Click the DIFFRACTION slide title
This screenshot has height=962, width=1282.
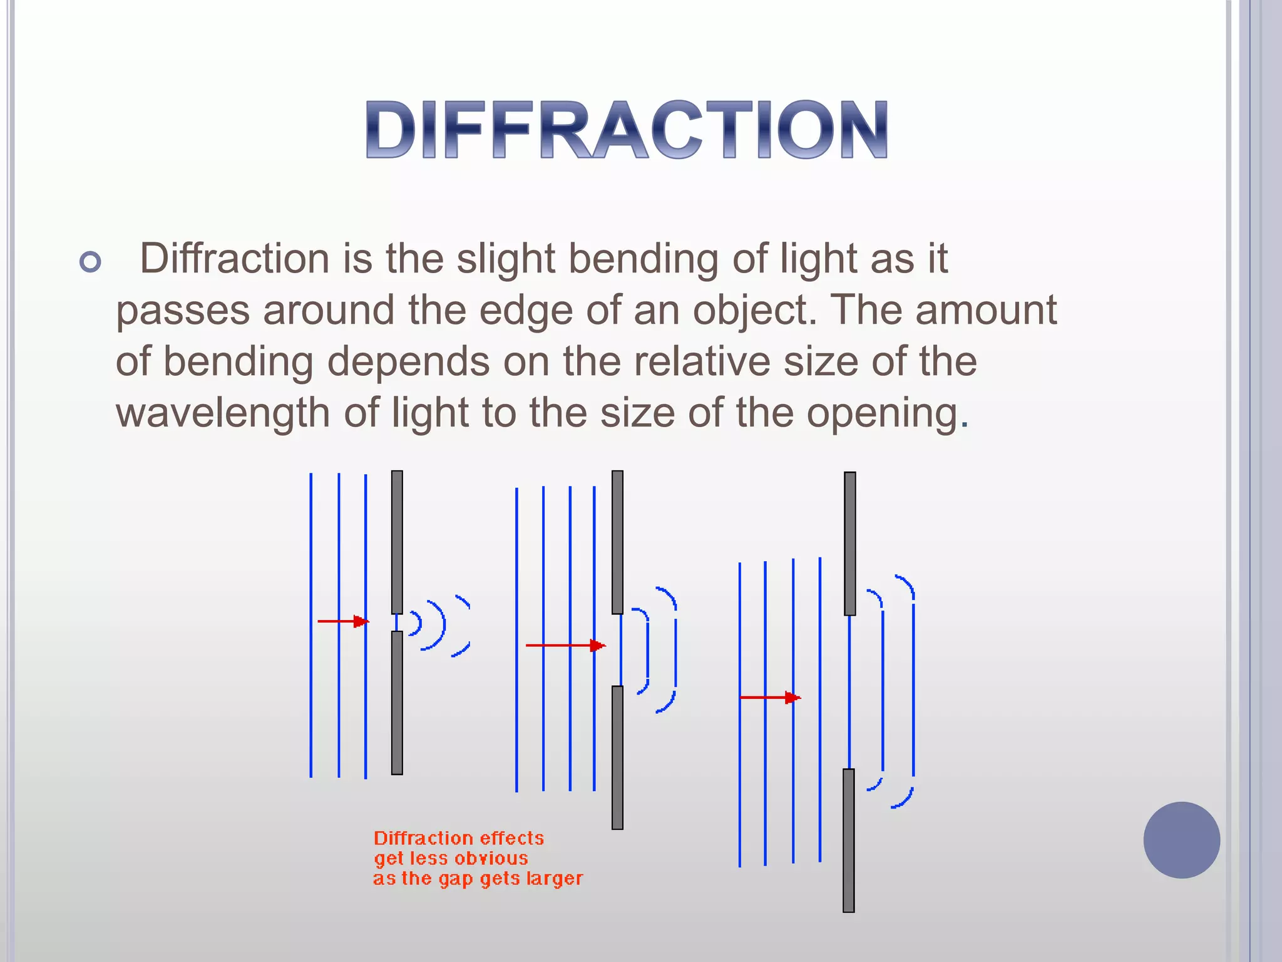627,130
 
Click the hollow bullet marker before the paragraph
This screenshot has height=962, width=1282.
91,262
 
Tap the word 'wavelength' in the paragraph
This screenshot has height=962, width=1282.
223,414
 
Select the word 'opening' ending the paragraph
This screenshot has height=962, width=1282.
883,414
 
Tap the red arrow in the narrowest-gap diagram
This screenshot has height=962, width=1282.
343,621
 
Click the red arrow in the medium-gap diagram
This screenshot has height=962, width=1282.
565,645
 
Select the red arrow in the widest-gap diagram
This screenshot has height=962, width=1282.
770,698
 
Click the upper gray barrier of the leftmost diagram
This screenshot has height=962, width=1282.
397,542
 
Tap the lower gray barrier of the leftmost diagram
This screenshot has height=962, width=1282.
397,703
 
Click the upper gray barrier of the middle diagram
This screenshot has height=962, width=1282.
617,542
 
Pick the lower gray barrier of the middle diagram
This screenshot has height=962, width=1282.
617,758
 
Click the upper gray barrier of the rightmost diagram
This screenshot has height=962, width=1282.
849,544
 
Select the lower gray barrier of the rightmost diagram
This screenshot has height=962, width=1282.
849,840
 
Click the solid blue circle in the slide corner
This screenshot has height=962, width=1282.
1181,840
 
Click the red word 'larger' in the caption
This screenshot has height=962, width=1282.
555,879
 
